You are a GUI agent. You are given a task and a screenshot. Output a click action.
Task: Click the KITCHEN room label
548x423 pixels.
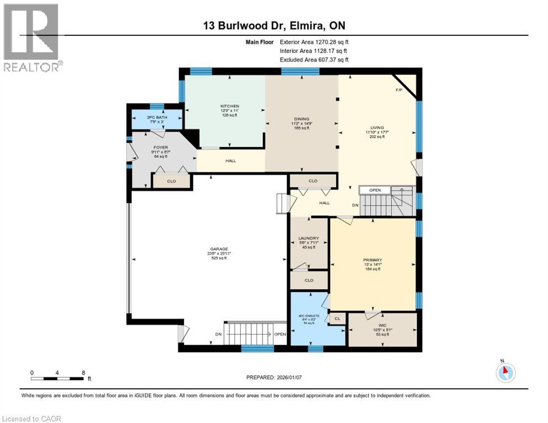[230, 106]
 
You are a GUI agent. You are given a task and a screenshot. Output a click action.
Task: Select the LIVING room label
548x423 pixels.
[377, 128]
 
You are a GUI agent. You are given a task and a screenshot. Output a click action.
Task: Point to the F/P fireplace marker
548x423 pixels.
[398, 90]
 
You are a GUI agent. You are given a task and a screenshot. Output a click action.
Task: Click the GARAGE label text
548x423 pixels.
[214, 249]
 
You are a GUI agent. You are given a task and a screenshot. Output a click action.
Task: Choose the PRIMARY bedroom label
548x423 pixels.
[373, 260]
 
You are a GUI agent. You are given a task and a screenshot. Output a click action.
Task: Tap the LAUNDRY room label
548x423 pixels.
[309, 238]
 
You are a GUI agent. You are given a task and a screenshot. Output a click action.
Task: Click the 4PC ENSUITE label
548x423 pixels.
[309, 316]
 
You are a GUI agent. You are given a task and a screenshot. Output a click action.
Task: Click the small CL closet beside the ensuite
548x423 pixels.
[337, 318]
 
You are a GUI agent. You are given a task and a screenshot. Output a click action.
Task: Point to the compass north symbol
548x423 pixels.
[504, 372]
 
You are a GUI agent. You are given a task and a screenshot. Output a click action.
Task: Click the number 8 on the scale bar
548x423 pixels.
[83, 372]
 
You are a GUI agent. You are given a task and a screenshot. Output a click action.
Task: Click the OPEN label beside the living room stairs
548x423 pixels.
[375, 191]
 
